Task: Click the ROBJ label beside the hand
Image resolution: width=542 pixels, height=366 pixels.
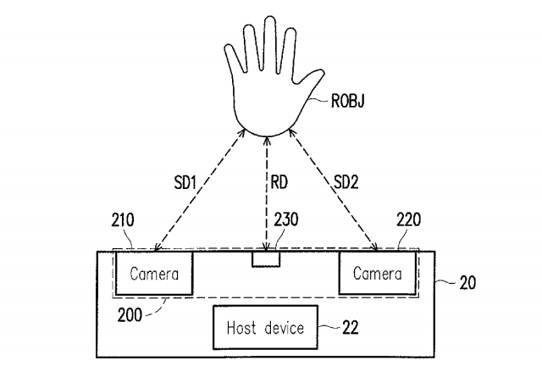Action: point(347,101)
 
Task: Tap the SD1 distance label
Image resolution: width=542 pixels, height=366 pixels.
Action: point(185,182)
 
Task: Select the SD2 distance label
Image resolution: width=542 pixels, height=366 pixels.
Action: point(346,182)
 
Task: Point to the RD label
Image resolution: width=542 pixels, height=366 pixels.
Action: point(279,182)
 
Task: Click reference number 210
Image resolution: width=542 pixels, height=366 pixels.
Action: point(122,220)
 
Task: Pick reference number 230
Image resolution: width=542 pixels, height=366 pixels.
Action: point(286,219)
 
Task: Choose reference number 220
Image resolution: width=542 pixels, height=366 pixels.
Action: point(408,219)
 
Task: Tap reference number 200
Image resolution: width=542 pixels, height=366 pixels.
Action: point(130,315)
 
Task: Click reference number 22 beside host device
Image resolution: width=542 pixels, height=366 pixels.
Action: point(351,327)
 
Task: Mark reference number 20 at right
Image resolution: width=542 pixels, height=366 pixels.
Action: point(467,283)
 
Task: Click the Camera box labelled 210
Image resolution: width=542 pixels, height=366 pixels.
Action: point(154,274)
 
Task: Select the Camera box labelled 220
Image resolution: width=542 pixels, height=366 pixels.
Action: point(378,273)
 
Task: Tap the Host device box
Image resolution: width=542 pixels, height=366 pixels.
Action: point(265,327)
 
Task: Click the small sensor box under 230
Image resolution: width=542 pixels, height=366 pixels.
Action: point(266,259)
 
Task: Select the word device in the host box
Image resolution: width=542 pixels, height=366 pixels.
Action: point(285,328)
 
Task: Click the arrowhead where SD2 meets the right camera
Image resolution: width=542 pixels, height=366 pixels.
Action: point(374,247)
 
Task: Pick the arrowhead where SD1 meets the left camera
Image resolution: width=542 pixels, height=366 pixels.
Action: point(158,247)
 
